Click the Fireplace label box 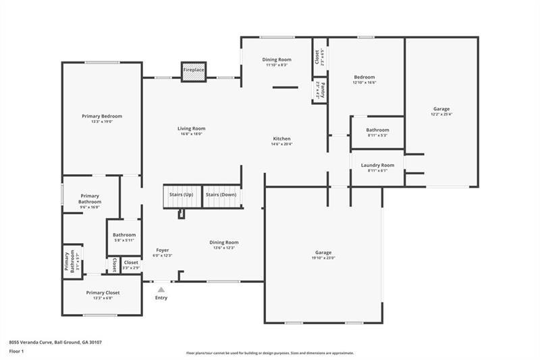click(x=194, y=70)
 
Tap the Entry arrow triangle click(x=161, y=290)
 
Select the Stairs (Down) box click(x=221, y=195)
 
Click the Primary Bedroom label click(x=102, y=116)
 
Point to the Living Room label click(x=191, y=128)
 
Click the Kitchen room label click(x=281, y=138)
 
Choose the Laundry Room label click(x=377, y=165)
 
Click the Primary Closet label click(x=103, y=292)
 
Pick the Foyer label click(x=163, y=250)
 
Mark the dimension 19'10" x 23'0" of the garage click(x=323, y=259)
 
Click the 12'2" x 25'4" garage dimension click(x=441, y=114)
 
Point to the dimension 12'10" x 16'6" click(x=364, y=82)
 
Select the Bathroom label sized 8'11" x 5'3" click(x=377, y=130)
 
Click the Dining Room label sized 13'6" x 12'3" click(x=223, y=242)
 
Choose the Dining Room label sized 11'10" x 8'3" click(x=277, y=59)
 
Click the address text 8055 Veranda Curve click(x=40, y=342)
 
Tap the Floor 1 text click(x=17, y=352)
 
